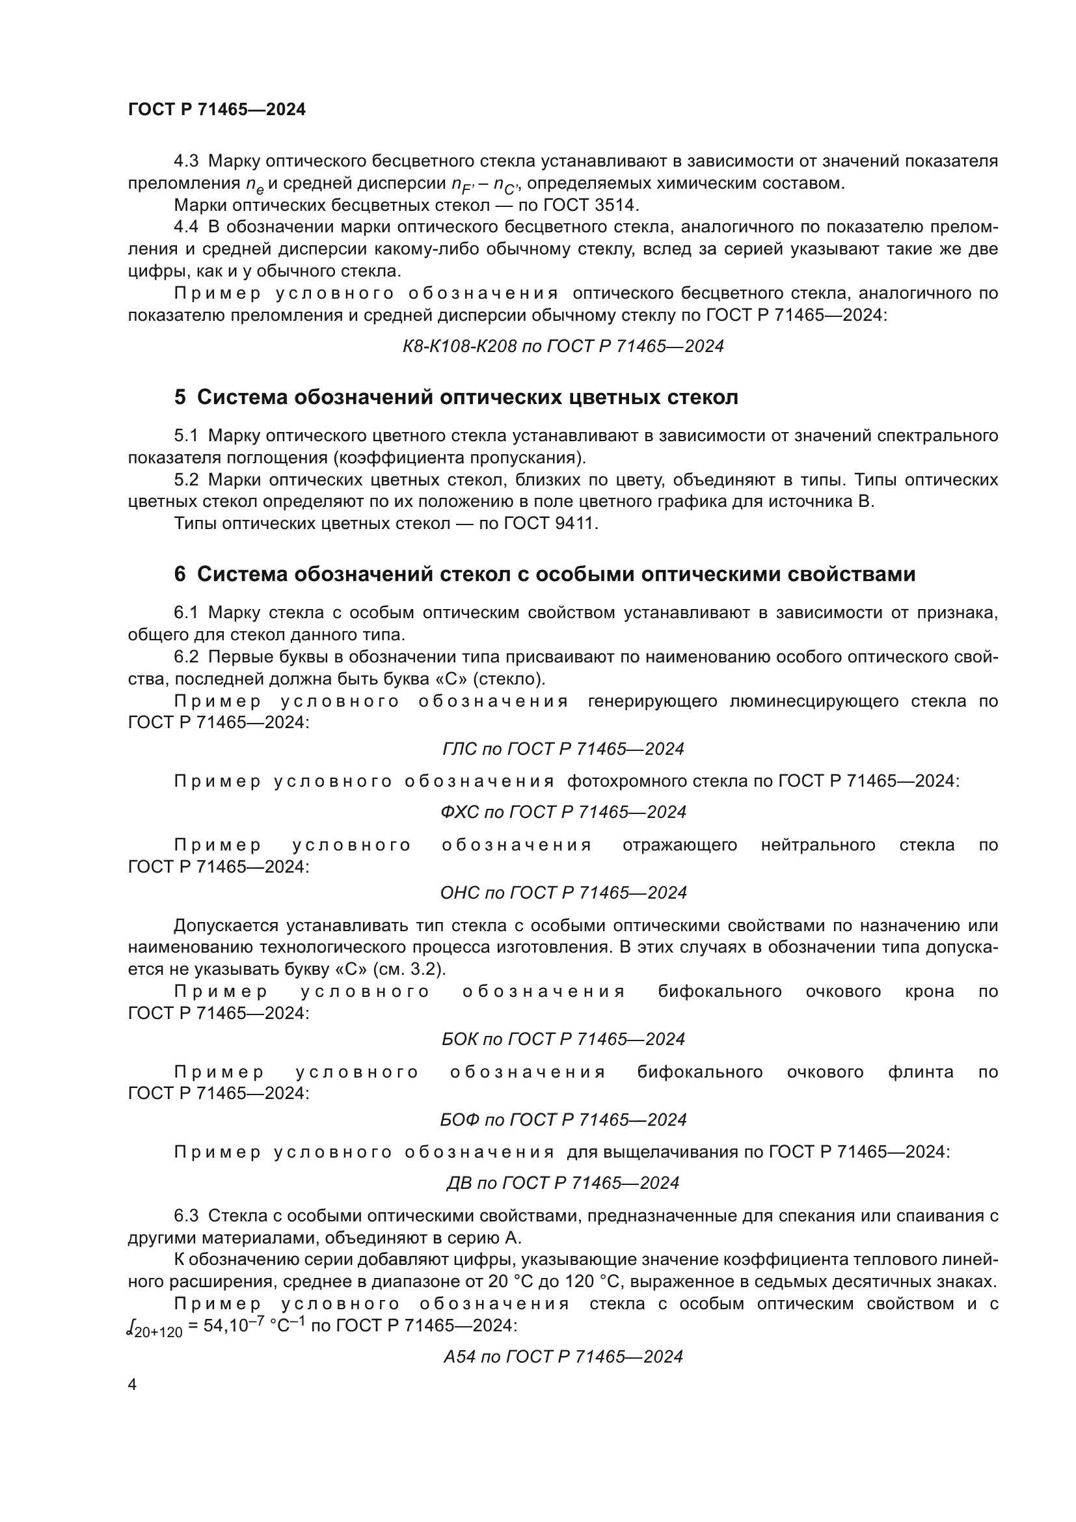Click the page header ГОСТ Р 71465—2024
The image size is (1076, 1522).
(217, 110)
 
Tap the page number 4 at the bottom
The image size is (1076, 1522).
(132, 1384)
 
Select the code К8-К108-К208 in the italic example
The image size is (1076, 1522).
(459, 346)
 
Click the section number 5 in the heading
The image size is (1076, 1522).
(180, 398)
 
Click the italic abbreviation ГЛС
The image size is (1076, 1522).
(459, 749)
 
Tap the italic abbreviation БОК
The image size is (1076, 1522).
(459, 1039)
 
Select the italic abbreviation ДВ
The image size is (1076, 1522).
(459, 1183)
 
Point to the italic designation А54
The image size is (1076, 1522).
(459, 1357)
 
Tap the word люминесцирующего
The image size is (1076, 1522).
(814, 701)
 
